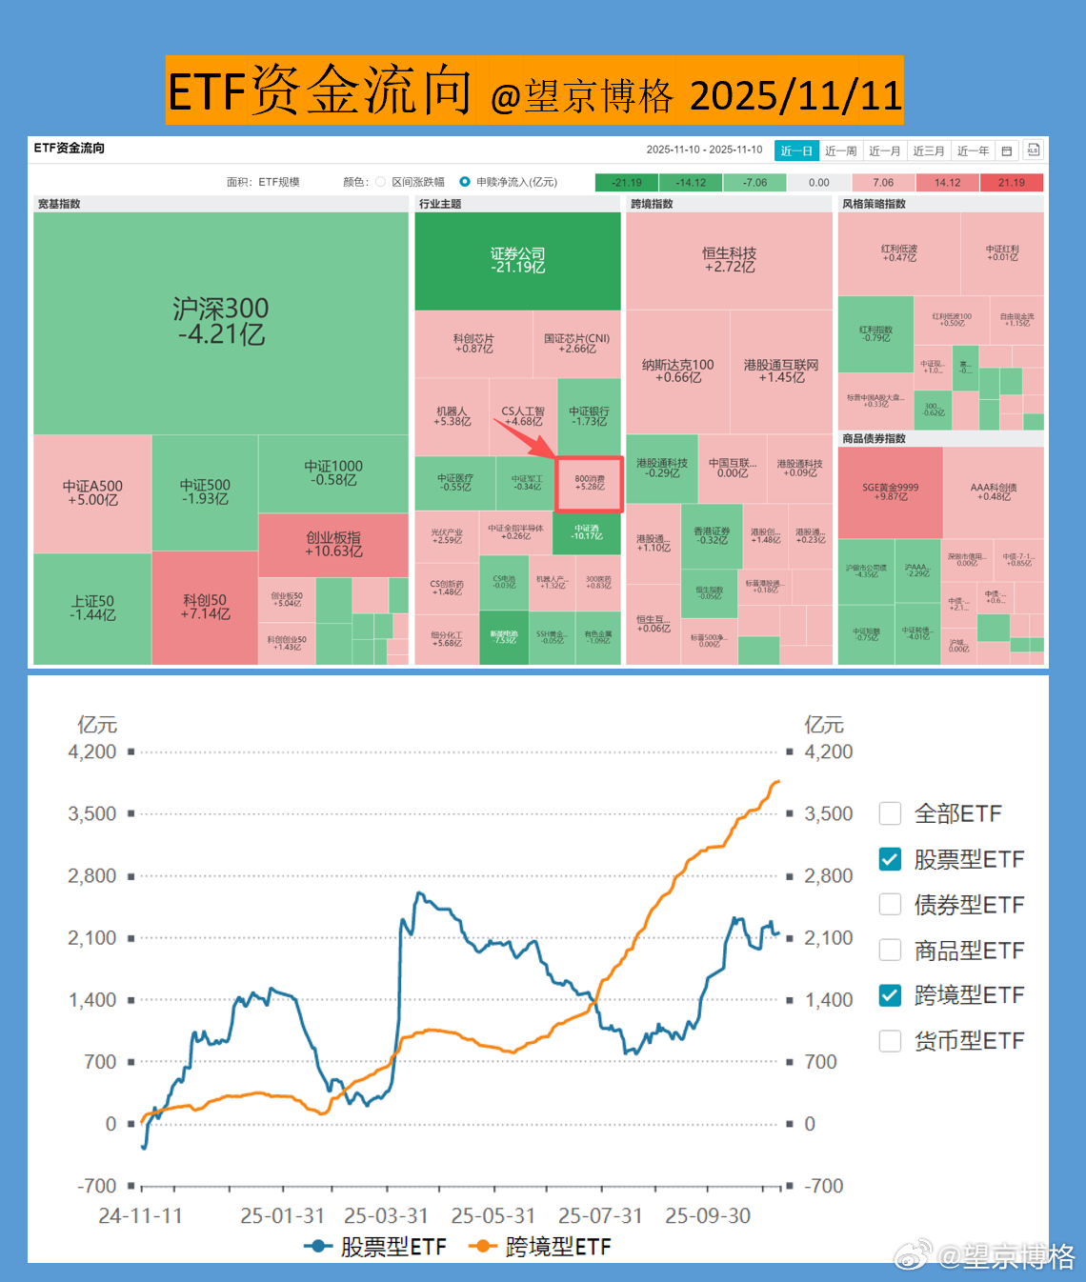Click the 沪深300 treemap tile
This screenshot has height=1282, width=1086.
pyautogui.click(x=221, y=322)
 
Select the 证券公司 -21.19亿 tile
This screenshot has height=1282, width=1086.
pyautogui.click(x=518, y=260)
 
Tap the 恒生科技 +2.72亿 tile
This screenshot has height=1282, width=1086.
pyautogui.click(x=729, y=260)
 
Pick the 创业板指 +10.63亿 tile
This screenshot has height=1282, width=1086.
pyautogui.click(x=333, y=544)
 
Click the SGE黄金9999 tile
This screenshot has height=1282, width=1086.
pyautogui.click(x=890, y=491)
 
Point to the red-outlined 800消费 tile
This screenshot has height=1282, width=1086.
pyautogui.click(x=590, y=484)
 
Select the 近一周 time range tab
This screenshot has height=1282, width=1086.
pyautogui.click(x=840, y=151)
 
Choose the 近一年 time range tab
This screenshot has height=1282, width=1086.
pyautogui.click(x=973, y=151)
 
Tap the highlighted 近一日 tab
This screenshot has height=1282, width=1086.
pyautogui.click(x=796, y=151)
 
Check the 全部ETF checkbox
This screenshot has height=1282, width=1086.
pyautogui.click(x=890, y=813)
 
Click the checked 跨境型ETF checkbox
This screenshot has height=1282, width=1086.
pyautogui.click(x=890, y=995)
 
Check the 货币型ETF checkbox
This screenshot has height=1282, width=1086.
pyautogui.click(x=890, y=1041)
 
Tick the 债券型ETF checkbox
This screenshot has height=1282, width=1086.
pyautogui.click(x=890, y=904)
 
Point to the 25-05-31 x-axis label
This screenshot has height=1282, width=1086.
pyautogui.click(x=493, y=1216)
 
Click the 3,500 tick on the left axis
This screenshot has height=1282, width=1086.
pyautogui.click(x=92, y=813)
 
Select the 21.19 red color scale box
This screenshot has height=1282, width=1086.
pyautogui.click(x=1012, y=183)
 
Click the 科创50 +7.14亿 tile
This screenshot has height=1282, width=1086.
pyautogui.click(x=205, y=607)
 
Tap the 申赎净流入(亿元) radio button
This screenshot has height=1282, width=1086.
pyautogui.click(x=465, y=182)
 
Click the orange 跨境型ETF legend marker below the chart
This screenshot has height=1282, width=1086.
pyautogui.click(x=484, y=1247)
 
